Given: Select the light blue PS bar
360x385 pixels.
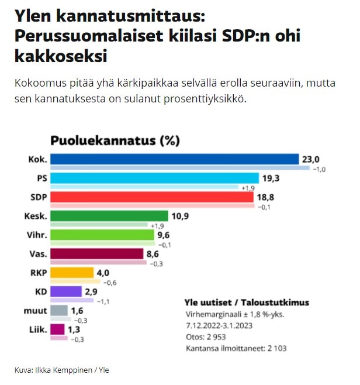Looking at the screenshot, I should (x=154, y=178).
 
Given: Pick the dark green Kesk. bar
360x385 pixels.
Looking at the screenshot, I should (x=109, y=216).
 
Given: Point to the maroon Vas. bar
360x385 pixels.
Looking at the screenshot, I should (x=97, y=254).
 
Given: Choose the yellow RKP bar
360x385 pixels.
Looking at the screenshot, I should (x=72, y=273).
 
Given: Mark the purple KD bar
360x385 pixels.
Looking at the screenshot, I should (x=66, y=291).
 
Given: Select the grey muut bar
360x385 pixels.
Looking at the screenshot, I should (x=60, y=310).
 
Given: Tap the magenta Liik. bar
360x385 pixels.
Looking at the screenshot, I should (x=58, y=329).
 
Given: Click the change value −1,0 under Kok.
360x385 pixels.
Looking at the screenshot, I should (x=320, y=170).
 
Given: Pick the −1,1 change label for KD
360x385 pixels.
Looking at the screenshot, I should (x=103, y=302).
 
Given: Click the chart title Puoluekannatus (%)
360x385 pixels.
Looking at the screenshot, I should (x=115, y=140).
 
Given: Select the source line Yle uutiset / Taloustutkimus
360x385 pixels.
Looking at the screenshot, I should (x=247, y=302).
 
